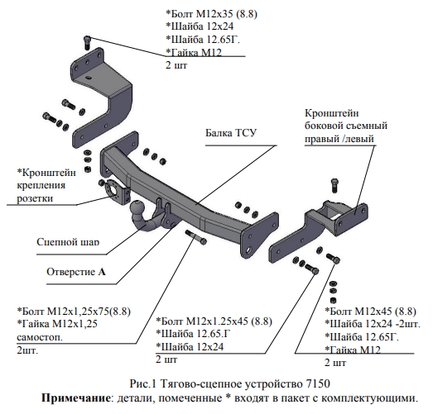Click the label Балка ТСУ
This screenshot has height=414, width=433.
coord(231,133)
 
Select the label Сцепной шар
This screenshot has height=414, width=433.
coord(68,242)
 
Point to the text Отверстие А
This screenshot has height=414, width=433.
coord(76,272)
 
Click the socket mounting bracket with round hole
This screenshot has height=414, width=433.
coord(115,191)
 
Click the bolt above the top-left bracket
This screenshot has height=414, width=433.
coord(87,42)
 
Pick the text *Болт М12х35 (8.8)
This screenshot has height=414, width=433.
coord(211,13)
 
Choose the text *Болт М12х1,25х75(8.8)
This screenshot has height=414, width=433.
coord(74,312)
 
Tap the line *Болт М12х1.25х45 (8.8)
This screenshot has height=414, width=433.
coord(214,321)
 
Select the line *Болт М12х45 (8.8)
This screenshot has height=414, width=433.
coord(371,312)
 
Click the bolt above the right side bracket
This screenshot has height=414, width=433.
coord(334,185)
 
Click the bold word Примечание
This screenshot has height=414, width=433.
coord(76,398)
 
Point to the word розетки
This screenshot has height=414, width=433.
coord(35,198)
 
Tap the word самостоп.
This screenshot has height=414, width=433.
coord(40,337)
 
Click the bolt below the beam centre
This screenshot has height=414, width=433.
coord(196,237)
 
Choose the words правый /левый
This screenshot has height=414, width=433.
coord(339,139)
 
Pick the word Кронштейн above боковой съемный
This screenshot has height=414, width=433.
coord(332,113)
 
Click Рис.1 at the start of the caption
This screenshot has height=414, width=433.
coord(143,383)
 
